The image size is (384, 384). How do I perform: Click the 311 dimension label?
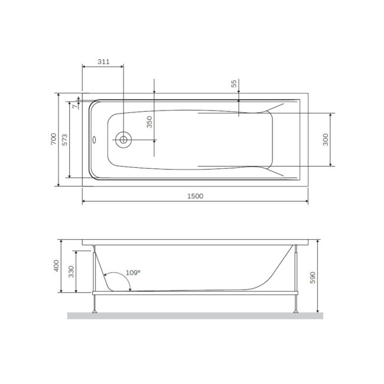[x=103, y=61]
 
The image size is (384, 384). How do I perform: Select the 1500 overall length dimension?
[x=194, y=196]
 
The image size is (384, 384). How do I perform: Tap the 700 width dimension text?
[x=53, y=139]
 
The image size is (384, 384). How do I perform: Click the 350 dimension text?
[x=149, y=122]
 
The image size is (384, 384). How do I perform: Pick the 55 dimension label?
[x=234, y=84]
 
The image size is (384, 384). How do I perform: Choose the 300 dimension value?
[x=326, y=139]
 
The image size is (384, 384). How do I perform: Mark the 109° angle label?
[x=134, y=272]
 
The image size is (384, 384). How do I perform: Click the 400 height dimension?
[x=56, y=266]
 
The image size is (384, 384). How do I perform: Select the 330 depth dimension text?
[x=72, y=272]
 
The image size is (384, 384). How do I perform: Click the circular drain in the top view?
[x=123, y=140]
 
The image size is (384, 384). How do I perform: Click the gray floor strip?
[x=194, y=315]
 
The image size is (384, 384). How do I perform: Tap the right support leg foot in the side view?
[x=295, y=311]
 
